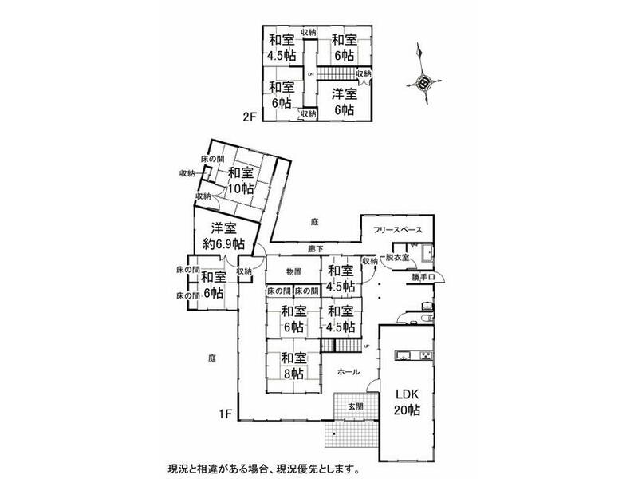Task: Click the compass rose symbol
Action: pos(423,79)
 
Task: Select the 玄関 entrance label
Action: pos(356,407)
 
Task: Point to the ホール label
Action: pos(348,372)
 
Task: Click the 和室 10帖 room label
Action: pos(240,180)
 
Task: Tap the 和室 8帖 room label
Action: pos(292,365)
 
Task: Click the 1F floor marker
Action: pos(226,414)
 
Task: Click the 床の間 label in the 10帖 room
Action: pos(212,159)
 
